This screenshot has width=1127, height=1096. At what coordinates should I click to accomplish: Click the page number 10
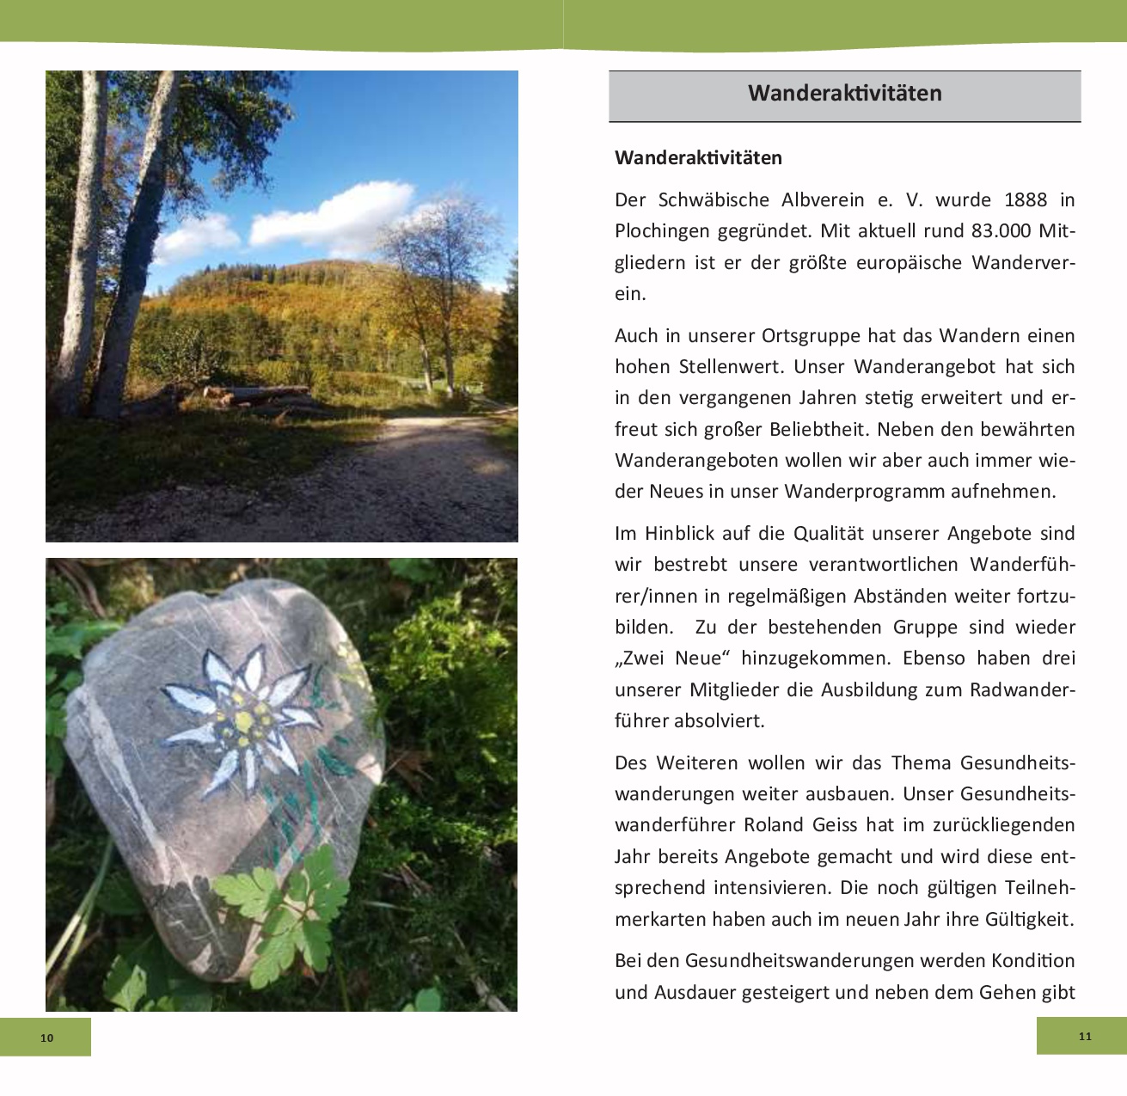click(x=46, y=1038)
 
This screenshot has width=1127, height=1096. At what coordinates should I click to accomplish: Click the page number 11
click(x=1085, y=1036)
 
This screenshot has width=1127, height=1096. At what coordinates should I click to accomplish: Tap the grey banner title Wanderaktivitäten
click(x=844, y=93)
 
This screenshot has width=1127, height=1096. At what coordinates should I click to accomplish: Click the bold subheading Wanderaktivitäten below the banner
click(x=698, y=158)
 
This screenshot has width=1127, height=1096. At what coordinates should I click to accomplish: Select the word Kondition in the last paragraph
click(x=1032, y=960)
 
